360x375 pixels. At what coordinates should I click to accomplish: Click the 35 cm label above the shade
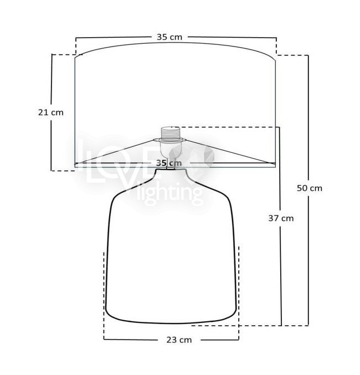(169, 37)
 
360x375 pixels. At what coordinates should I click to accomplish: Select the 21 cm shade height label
(51, 112)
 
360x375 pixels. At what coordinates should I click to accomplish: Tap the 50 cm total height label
(310, 188)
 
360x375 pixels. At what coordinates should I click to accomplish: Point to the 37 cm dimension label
(281, 218)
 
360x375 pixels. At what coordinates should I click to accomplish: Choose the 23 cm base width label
(179, 340)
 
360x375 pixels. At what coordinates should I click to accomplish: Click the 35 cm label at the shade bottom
(169, 163)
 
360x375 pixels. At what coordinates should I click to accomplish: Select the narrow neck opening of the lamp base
(171, 170)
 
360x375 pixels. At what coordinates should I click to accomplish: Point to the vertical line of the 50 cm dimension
(308, 191)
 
